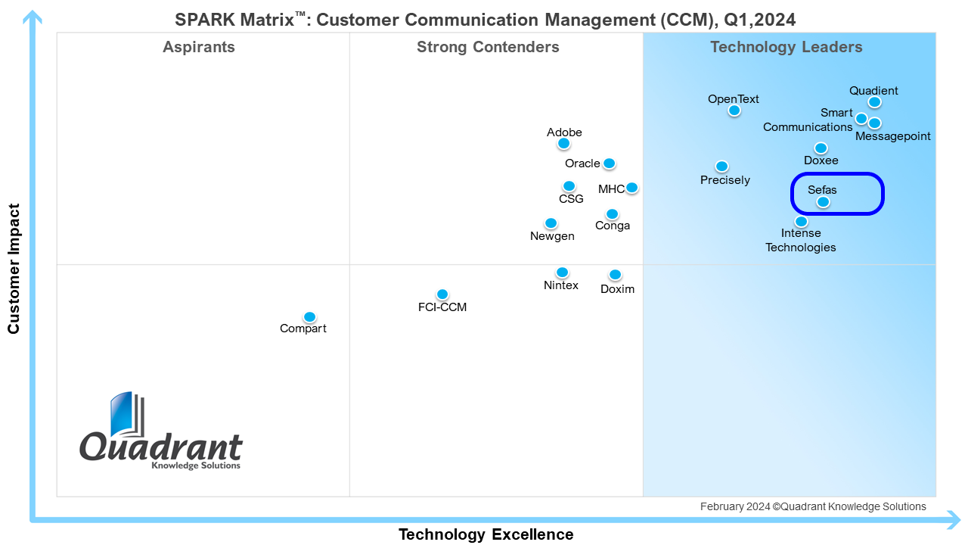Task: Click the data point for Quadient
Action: tap(874, 102)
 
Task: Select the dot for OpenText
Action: tap(734, 111)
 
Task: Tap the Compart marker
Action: tap(309, 317)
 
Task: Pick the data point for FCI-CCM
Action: tap(442, 294)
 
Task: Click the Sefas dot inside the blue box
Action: tap(823, 202)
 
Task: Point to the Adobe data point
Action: tap(563, 143)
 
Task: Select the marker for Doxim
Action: tap(615, 275)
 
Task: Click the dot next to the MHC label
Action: tap(631, 188)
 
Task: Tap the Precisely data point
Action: tap(722, 167)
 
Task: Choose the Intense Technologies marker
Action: tap(802, 222)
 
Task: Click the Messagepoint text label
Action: tap(893, 136)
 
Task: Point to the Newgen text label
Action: tap(552, 236)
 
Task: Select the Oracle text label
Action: tap(582, 163)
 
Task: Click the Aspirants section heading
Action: tap(199, 47)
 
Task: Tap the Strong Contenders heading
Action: tap(488, 47)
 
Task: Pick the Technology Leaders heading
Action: tap(786, 47)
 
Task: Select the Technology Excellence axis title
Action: tap(486, 534)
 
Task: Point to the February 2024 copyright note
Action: tap(812, 506)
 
